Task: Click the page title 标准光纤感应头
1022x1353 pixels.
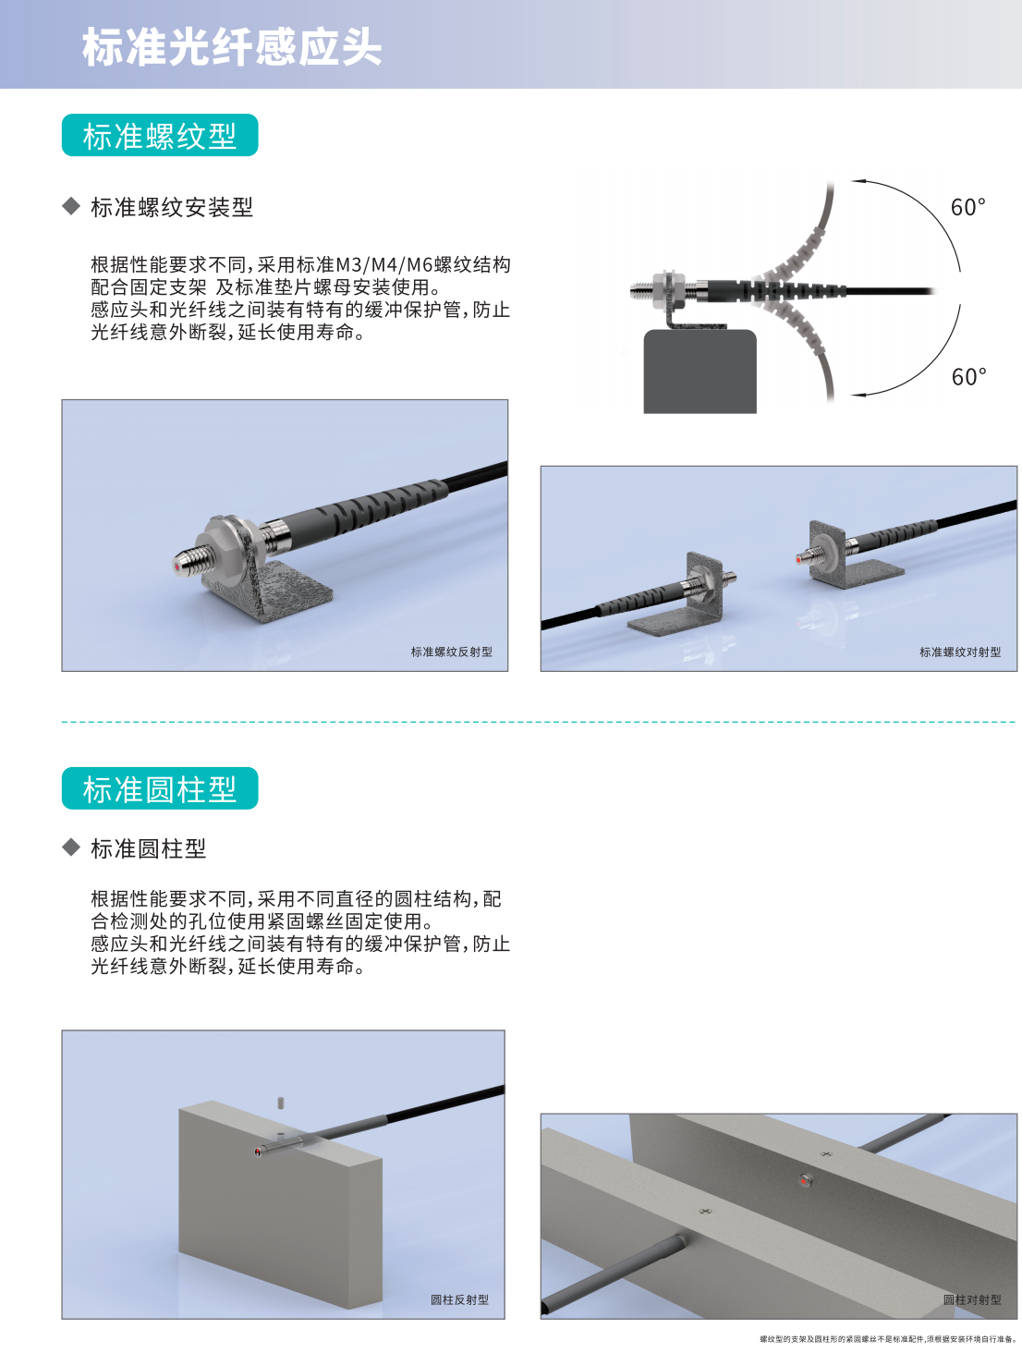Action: click(x=232, y=47)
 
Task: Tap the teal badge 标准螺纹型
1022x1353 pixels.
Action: click(x=160, y=135)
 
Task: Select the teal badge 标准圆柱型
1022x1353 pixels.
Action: click(x=160, y=787)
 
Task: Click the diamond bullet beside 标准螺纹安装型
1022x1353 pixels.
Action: click(x=71, y=206)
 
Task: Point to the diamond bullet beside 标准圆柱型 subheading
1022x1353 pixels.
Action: click(x=71, y=847)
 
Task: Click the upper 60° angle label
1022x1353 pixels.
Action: click(x=967, y=207)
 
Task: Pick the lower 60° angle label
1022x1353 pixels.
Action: click(x=968, y=377)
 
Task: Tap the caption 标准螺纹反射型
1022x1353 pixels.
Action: click(x=452, y=652)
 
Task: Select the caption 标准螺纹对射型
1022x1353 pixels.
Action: click(x=960, y=652)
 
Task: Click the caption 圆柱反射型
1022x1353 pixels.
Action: click(x=459, y=1299)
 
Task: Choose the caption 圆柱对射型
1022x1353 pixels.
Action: click(x=972, y=1299)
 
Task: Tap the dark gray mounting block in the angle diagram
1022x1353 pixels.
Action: click(x=700, y=372)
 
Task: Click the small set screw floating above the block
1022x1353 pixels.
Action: click(x=281, y=1103)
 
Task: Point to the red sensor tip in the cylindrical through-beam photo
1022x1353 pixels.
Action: click(x=804, y=1181)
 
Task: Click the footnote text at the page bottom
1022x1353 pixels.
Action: click(x=888, y=1339)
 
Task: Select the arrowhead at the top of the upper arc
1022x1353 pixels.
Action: click(x=858, y=181)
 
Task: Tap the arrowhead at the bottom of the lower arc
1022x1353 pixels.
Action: click(x=858, y=395)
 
